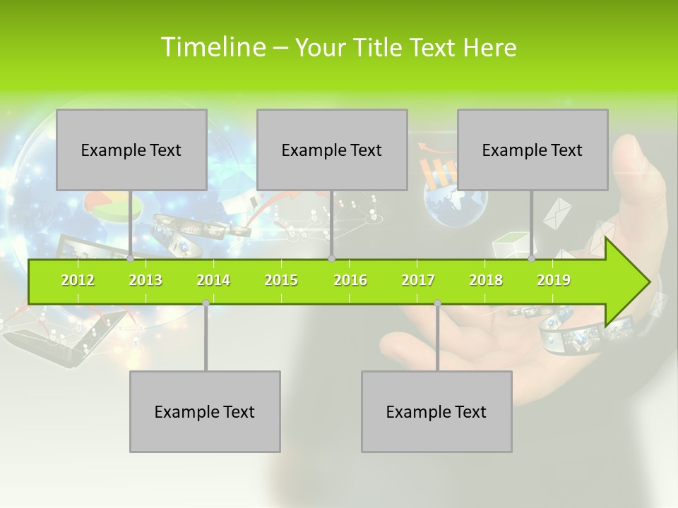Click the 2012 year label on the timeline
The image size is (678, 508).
78,280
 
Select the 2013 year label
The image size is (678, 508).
145,280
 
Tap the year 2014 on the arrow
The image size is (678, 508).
213,280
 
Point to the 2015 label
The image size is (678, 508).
281,280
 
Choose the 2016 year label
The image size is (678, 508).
350,280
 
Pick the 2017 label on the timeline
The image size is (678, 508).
418,280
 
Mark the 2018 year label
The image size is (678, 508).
486,280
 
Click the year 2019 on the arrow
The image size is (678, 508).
554,280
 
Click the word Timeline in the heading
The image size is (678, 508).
211,47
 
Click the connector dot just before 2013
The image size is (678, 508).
130,259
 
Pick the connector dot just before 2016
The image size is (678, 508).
331,259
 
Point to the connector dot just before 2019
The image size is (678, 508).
532,259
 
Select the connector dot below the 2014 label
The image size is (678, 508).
206,303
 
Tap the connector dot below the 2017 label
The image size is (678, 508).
437,303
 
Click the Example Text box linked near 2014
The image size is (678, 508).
205,411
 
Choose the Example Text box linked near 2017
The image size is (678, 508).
436,411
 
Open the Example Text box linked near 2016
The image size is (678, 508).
332,150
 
